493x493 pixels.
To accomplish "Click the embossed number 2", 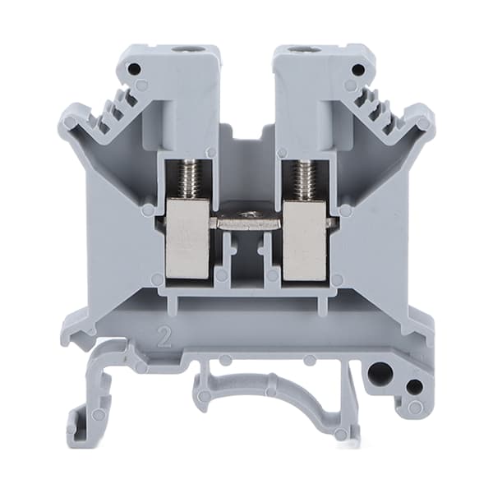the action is [164, 338].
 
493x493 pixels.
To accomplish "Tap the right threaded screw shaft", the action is [302, 181].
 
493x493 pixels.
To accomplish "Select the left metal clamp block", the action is [187, 240].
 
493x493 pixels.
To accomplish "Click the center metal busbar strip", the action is [246, 220].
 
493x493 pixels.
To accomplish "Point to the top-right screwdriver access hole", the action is [296, 49].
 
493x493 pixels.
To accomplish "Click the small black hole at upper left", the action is [134, 67].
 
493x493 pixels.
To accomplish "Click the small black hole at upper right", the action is [357, 68].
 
